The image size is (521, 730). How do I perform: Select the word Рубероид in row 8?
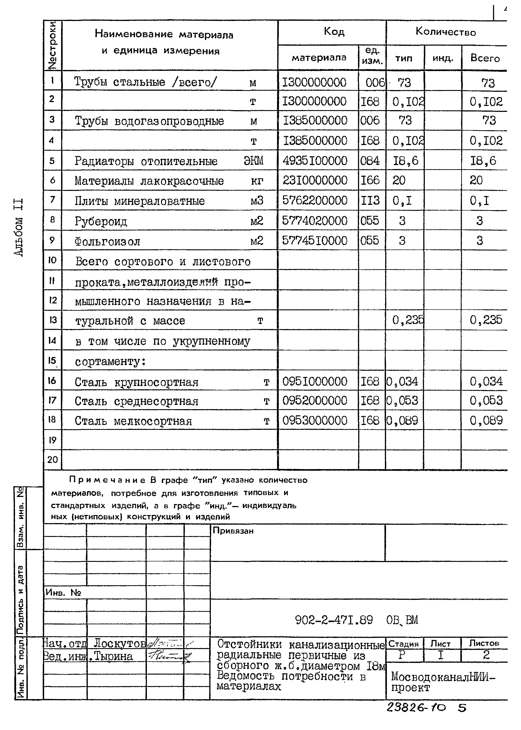[x=101, y=221]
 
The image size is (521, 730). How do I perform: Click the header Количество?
[x=446, y=32]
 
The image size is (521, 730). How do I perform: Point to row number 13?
[x=53, y=320]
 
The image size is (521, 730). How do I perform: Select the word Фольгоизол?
[x=107, y=241]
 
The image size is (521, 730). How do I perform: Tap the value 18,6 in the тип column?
[x=405, y=160]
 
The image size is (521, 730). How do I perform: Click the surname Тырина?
[x=114, y=657]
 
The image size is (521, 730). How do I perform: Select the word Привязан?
[x=233, y=531]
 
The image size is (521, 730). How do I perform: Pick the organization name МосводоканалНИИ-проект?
[x=443, y=682]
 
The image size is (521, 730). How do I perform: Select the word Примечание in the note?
[x=107, y=480]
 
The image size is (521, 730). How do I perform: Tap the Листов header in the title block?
[x=484, y=643]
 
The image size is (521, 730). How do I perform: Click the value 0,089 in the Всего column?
[x=486, y=420]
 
